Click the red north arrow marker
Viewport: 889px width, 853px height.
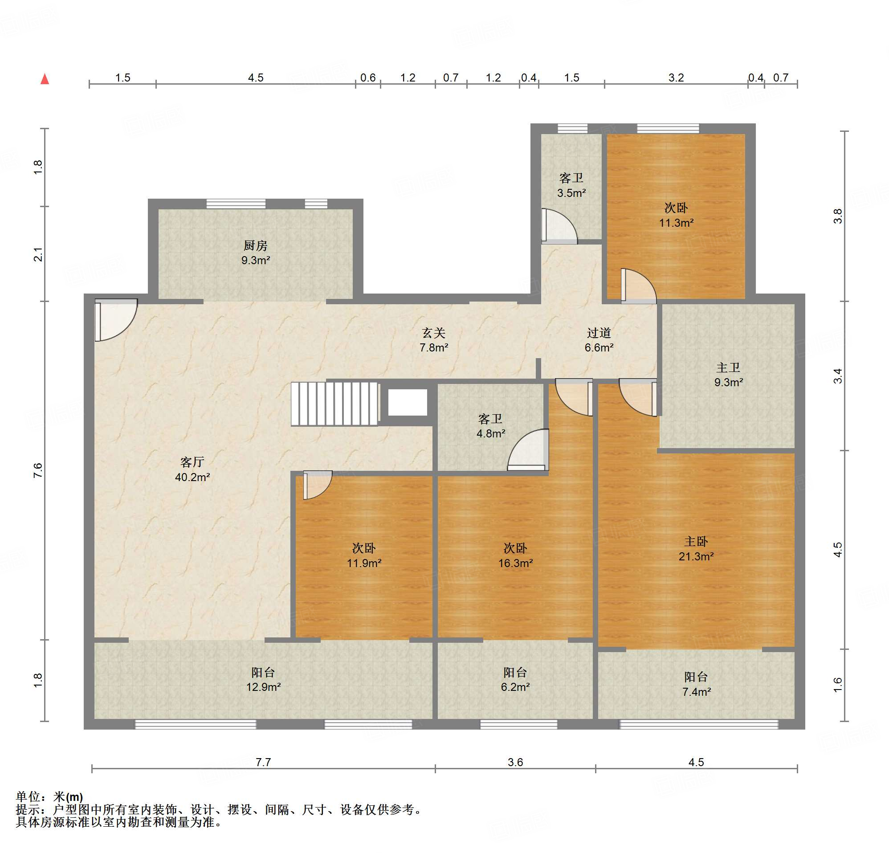[45, 79]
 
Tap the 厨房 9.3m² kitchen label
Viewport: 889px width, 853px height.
[255, 253]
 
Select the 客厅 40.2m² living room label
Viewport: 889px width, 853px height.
[192, 469]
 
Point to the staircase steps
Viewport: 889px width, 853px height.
[334, 404]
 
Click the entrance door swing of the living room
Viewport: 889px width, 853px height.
[116, 320]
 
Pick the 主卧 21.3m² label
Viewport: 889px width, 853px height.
[696, 549]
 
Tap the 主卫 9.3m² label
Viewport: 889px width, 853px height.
[728, 375]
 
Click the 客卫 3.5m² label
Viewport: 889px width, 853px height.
[571, 185]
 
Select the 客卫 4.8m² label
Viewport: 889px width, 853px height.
[490, 425]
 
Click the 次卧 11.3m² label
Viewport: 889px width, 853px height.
[676, 215]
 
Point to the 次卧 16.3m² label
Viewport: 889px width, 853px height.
[515, 555]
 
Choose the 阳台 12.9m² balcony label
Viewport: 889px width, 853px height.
[263, 679]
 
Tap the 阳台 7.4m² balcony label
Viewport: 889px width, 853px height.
[696, 684]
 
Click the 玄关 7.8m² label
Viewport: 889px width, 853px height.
[434, 340]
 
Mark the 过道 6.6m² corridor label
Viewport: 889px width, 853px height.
[599, 340]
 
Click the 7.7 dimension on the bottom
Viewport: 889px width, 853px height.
[263, 762]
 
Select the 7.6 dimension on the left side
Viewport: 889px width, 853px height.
[38, 470]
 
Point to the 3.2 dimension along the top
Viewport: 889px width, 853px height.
[676, 78]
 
